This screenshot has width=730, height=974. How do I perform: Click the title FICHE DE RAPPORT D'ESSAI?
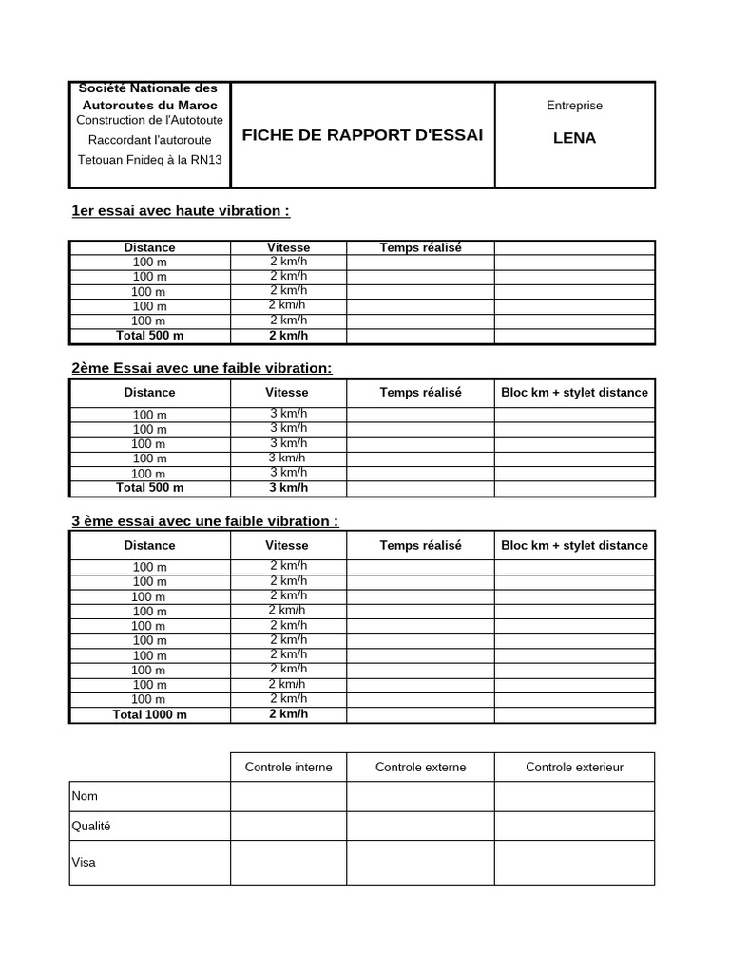[362, 135]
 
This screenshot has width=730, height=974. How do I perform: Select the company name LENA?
[574, 138]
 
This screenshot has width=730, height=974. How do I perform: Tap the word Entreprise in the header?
[574, 106]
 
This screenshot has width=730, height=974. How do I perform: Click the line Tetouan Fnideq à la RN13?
[149, 159]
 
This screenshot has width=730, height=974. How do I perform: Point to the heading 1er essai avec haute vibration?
[181, 210]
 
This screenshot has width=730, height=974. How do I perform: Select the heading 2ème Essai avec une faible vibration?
[202, 368]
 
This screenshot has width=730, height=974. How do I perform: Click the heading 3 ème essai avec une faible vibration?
[204, 521]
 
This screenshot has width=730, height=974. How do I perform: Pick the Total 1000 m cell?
[149, 714]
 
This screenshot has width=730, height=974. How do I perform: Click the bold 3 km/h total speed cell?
[288, 488]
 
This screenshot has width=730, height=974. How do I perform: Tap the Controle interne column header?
[288, 767]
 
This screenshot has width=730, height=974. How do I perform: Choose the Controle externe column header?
[420, 767]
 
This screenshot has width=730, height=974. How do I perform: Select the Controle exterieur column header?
[574, 767]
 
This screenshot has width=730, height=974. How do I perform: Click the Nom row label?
[85, 796]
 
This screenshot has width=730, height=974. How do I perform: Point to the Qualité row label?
[91, 826]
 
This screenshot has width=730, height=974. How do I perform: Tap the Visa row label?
[84, 863]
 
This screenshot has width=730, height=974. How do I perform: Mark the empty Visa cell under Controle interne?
[288, 863]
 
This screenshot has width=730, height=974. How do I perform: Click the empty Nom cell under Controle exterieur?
[574, 796]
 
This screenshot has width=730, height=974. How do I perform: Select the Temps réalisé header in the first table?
[420, 247]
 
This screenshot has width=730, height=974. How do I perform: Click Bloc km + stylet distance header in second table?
[574, 392]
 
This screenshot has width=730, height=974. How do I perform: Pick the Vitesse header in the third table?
[287, 545]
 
